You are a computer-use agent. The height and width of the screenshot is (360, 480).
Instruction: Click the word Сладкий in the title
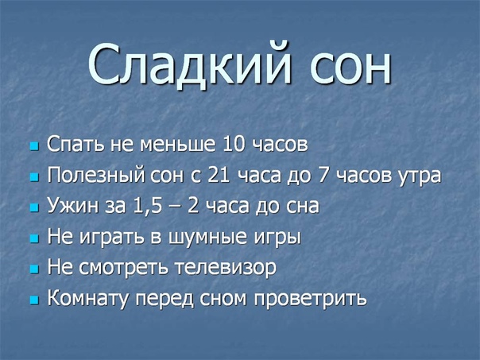(189, 64)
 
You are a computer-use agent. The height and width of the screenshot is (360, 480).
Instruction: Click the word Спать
(75, 144)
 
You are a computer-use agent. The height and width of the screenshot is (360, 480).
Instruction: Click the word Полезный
(96, 176)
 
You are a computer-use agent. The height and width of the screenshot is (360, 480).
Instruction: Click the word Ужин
(73, 206)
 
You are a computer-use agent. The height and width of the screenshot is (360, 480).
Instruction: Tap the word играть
(112, 238)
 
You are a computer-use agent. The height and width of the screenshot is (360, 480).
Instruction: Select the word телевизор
(226, 269)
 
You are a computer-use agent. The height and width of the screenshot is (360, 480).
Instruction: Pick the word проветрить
(310, 299)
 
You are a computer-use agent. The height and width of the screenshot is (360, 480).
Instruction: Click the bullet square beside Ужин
(35, 208)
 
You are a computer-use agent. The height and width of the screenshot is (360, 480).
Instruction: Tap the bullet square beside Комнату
(35, 300)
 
